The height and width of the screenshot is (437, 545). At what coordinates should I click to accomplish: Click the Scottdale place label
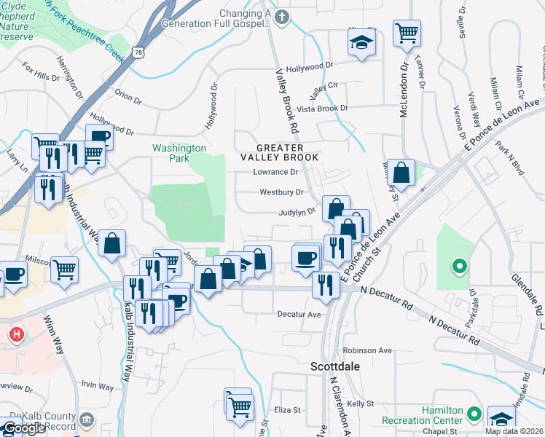(335, 367)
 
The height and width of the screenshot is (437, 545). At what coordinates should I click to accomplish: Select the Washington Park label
(179, 153)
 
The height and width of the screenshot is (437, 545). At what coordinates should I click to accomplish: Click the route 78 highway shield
(138, 52)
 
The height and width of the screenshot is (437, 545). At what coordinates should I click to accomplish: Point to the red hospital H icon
(16, 334)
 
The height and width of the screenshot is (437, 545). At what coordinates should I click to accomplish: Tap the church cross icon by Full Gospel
(281, 16)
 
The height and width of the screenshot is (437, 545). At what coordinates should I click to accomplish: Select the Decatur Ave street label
(299, 315)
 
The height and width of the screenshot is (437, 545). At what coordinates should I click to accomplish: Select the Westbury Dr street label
(281, 192)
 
